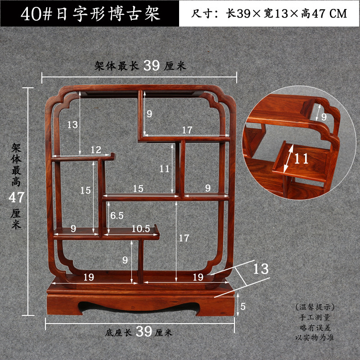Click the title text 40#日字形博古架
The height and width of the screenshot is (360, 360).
click(x=90, y=13)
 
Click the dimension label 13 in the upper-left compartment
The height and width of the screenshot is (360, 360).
click(x=73, y=125)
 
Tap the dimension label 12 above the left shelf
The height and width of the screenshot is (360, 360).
click(x=95, y=149)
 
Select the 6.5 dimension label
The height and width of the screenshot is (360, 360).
click(x=117, y=216)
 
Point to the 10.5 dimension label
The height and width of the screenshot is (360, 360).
click(x=140, y=228)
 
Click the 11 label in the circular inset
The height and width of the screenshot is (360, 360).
click(x=302, y=158)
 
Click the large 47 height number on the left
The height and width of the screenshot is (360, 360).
click(x=17, y=197)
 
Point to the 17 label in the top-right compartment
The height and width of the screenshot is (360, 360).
click(x=187, y=130)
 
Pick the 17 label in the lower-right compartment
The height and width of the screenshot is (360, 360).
click(x=184, y=238)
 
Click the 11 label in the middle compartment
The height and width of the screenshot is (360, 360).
click(x=164, y=169)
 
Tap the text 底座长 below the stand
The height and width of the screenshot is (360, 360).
click(x=118, y=333)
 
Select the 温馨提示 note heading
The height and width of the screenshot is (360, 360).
click(x=315, y=307)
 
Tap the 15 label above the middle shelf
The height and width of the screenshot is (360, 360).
click(x=138, y=189)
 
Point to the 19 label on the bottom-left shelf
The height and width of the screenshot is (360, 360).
click(x=89, y=277)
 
